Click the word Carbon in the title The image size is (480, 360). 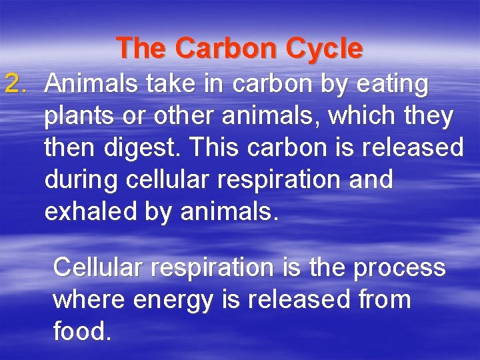pyautogui.click(x=217, y=48)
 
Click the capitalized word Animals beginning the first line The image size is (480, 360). pyautogui.click(x=91, y=84)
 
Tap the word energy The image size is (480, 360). pyautogui.click(x=174, y=301)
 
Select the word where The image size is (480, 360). pyautogui.click(x=89, y=299)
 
